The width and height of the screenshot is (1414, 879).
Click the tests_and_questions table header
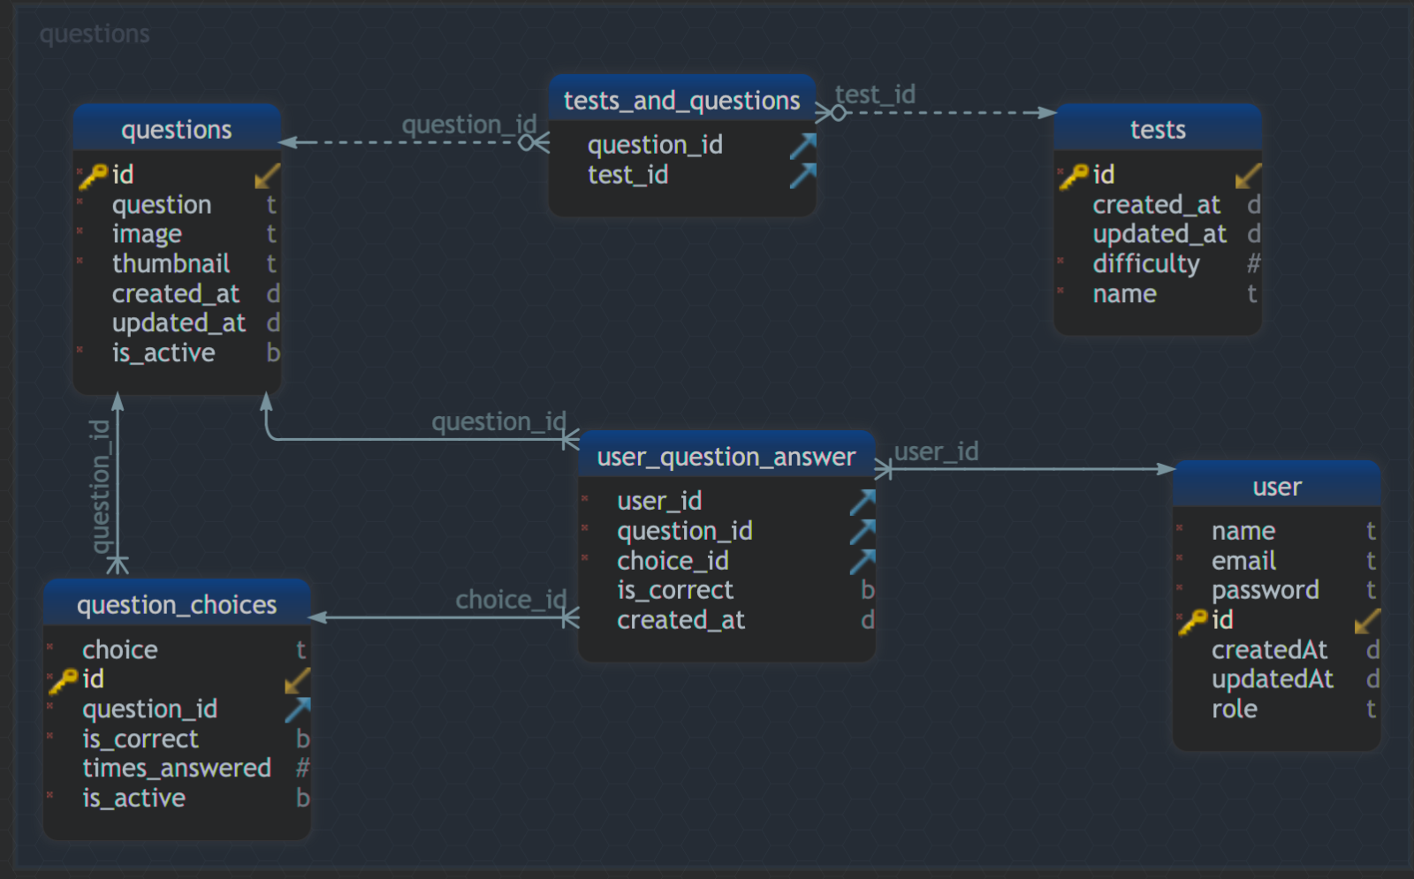[x=681, y=101]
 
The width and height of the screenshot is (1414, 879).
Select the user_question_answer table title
[x=726, y=457]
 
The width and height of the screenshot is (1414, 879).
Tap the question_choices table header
[x=177, y=604]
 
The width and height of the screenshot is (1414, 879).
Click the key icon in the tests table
[x=1074, y=176]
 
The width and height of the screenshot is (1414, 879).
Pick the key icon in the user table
[x=1192, y=621]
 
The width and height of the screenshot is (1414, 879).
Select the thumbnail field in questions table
[x=171, y=263]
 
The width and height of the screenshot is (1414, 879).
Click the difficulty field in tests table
[x=1145, y=263]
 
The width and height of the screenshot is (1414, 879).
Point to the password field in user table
[x=1265, y=590]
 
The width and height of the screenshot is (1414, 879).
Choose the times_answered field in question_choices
[x=177, y=768]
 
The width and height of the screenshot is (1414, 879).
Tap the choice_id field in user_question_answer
[x=673, y=561]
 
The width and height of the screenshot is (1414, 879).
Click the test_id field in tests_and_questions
[x=627, y=175]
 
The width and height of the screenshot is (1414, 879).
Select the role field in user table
[x=1234, y=709]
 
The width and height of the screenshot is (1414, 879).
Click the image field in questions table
[x=147, y=234]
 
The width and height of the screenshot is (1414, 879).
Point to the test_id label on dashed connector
[x=875, y=95]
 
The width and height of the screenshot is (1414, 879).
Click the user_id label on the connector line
[x=936, y=451]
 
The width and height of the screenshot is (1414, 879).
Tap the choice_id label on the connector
[x=510, y=600]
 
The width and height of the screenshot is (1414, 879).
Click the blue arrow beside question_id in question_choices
[x=298, y=709]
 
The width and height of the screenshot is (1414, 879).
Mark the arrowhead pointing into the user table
[x=1167, y=469]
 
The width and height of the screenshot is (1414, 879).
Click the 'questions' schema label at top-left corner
[x=95, y=34]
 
